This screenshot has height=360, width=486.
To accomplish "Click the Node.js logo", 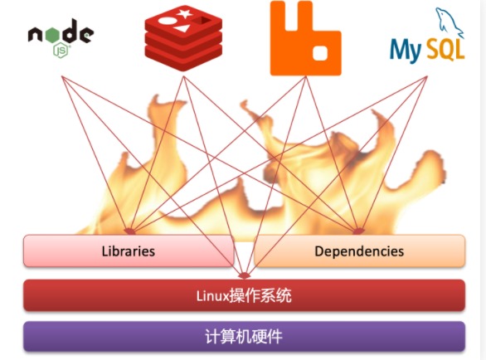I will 60,38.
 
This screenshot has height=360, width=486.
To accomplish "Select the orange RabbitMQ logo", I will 304,38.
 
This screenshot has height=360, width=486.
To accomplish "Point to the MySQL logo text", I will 426,49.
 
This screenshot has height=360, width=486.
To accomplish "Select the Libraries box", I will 129,251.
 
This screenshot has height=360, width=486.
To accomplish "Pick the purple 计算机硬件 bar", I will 243,337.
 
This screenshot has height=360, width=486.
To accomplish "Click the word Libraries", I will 128,251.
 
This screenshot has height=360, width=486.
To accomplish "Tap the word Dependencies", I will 359,251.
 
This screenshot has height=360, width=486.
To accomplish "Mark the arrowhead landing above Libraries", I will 129,231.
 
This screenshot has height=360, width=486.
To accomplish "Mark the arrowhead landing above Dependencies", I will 358,231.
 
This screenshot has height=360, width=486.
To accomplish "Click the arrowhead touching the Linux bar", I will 243,275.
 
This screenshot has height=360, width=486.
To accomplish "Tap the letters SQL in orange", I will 446,51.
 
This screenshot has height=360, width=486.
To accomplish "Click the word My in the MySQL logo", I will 406,51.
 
